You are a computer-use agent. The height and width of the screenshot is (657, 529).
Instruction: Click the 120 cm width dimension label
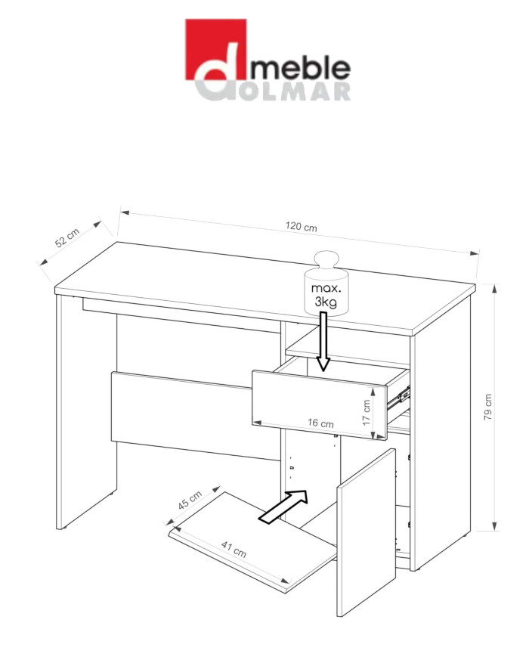(x=301, y=226)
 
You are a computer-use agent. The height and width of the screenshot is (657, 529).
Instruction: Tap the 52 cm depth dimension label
(x=67, y=238)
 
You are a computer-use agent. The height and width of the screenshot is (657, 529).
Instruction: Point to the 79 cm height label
(x=488, y=407)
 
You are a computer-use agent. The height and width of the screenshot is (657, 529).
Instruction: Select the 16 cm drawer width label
(x=320, y=423)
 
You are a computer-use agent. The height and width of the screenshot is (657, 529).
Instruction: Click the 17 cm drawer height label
(x=367, y=412)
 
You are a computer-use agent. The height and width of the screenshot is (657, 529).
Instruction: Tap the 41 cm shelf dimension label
(x=234, y=550)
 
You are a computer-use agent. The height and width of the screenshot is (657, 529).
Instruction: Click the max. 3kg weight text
(x=326, y=295)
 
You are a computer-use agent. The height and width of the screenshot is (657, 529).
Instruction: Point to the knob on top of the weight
(x=326, y=261)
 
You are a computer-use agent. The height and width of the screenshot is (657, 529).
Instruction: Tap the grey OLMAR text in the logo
(x=296, y=91)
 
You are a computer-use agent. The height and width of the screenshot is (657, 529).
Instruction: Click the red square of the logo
(x=215, y=49)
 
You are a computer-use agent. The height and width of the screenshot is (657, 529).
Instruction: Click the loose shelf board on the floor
(x=252, y=541)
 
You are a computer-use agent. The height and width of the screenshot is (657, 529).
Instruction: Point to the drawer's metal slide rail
(x=398, y=396)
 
